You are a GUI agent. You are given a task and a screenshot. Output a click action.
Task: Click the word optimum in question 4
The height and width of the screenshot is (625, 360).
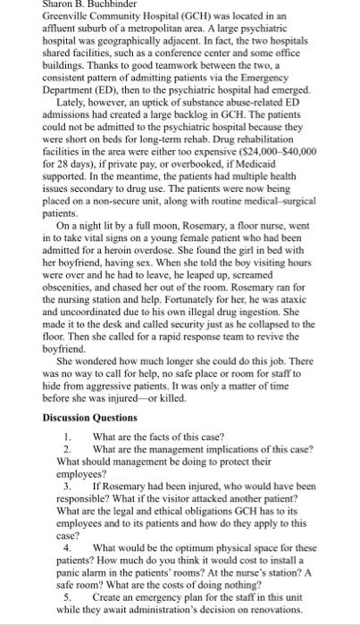[190, 546]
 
